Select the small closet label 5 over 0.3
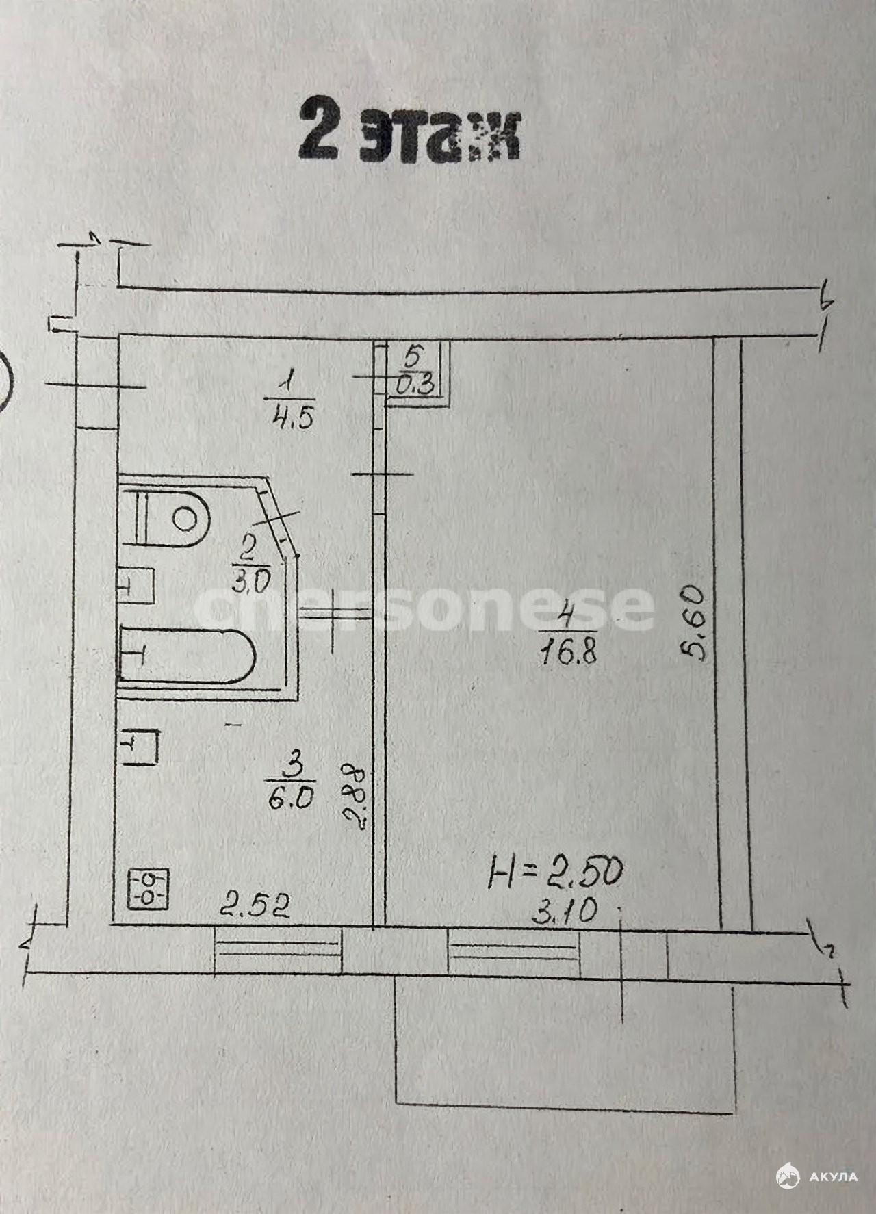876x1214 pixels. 415,370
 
